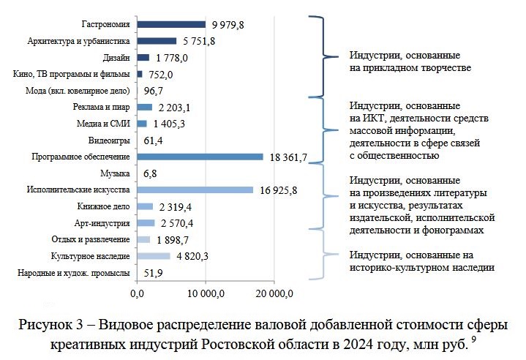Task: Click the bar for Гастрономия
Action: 170,25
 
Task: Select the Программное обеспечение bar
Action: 200,156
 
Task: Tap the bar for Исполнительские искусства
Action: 195,190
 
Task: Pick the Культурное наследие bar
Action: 153,256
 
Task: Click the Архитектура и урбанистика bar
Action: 157,41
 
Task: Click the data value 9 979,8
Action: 228,25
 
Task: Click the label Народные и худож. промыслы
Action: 73,273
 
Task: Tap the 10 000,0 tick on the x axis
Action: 205,294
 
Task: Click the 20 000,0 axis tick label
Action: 273,294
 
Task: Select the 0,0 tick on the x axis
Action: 137,294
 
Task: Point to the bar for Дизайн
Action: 143,58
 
